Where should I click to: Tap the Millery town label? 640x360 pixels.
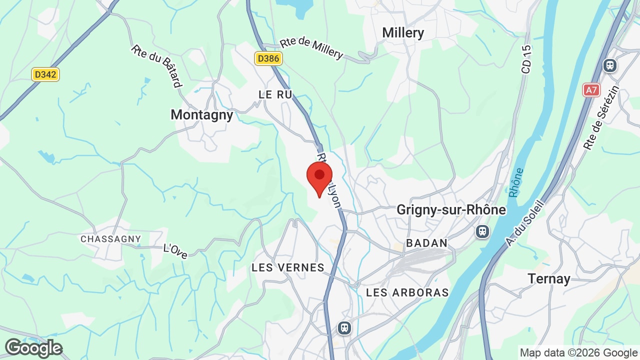point(403,33)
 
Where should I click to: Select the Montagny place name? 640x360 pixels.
point(202,115)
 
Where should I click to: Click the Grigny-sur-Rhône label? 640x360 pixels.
point(451,210)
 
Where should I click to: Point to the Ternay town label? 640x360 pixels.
point(549,278)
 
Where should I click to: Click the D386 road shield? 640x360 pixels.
point(268,58)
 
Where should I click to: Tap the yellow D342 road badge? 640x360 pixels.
point(45,74)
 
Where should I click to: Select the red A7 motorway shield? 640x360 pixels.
point(591,90)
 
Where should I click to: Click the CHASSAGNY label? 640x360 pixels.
point(111,239)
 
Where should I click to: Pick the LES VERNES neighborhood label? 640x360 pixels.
point(288,267)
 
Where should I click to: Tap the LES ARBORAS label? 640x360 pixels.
point(407,292)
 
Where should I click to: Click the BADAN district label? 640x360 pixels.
point(427,243)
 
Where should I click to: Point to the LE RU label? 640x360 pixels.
point(275,94)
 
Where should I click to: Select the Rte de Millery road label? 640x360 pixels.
point(311,48)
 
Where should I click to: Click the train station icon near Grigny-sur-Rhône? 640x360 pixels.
point(482,231)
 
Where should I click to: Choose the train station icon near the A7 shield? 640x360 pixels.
point(610,65)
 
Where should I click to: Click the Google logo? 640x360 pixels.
point(33,348)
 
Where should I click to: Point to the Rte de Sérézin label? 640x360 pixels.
point(601,118)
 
